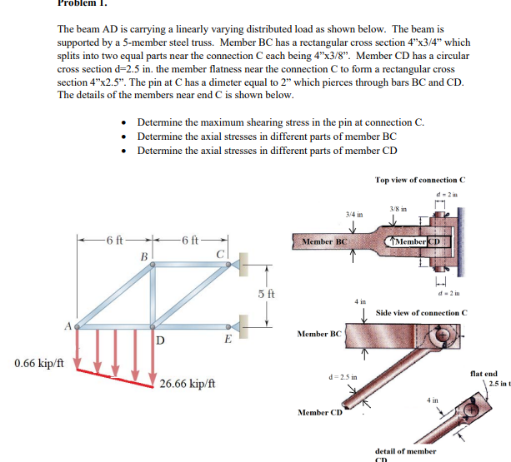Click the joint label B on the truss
point(143,257)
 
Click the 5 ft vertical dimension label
point(263,293)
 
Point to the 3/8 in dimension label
point(398,208)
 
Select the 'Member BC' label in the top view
point(324,241)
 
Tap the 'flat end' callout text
point(483,374)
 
